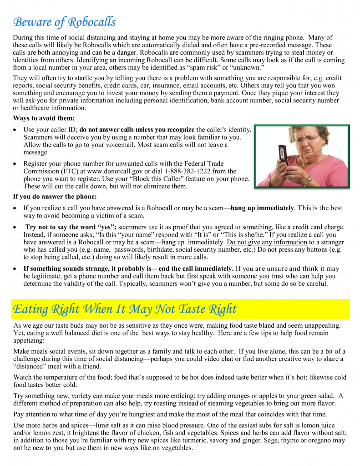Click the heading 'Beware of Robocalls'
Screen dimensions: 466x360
pyautogui.click(x=64, y=22)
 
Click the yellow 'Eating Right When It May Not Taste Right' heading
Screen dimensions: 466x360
pyautogui.click(x=125, y=309)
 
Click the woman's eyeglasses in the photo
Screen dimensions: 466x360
pyautogui.click(x=306, y=138)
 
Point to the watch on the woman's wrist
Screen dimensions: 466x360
pyautogui.click(x=308, y=181)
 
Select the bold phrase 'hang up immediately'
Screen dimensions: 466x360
pyautogui.click(x=262, y=208)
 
